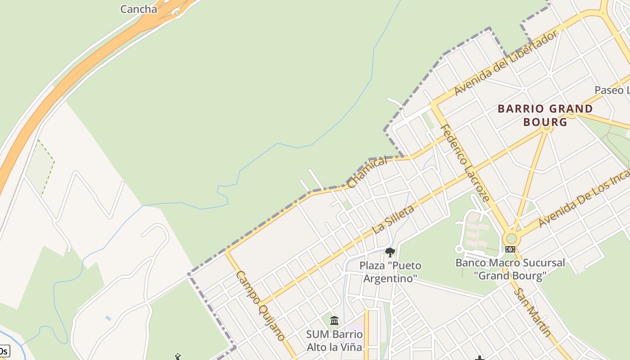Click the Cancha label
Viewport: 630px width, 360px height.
[x=139, y=9]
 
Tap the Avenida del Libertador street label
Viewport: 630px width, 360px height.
[x=506, y=63]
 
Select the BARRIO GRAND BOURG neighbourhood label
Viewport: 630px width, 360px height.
[x=545, y=115]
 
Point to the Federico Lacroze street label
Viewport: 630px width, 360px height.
[x=464, y=162]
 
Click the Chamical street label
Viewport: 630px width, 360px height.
[x=367, y=172]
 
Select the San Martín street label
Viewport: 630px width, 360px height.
[x=533, y=313]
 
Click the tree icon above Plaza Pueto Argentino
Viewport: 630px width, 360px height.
[x=390, y=252]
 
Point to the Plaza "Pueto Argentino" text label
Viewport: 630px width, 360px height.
[x=390, y=272]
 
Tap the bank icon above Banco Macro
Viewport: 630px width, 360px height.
[x=510, y=249]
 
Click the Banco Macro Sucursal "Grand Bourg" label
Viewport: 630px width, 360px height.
[x=510, y=269]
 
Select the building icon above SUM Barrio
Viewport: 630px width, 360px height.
[x=334, y=321]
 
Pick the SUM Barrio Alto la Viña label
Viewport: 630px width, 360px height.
[x=334, y=341]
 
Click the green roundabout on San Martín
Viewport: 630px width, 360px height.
[x=511, y=238]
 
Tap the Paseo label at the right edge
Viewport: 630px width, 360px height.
[x=612, y=90]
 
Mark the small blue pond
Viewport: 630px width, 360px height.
[x=108, y=318]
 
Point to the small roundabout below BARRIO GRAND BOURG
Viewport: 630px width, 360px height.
[x=547, y=128]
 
